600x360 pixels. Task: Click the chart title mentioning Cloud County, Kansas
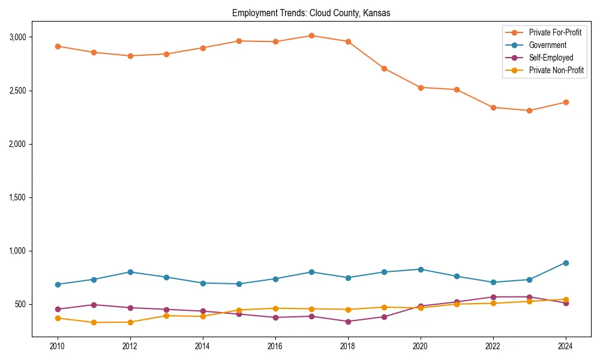tap(311, 13)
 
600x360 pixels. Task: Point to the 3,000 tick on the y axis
tap(17, 37)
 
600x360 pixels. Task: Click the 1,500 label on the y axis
tap(17, 197)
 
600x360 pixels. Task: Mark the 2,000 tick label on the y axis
tap(17, 144)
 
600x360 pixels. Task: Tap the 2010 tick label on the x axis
tap(58, 346)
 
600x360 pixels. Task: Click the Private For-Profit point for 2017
tap(311, 35)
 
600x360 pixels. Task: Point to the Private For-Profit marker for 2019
tap(384, 68)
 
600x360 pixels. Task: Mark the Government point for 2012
tap(130, 272)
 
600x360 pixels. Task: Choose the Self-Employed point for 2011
tap(94, 305)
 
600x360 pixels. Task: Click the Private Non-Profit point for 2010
tap(58, 318)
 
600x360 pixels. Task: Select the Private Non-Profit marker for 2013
tap(166, 316)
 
